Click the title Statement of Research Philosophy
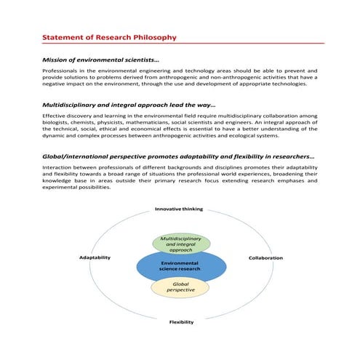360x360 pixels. point(108,36)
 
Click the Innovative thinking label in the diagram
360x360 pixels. point(179,209)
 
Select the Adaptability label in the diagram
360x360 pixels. point(95,257)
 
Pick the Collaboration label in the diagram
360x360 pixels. point(265,257)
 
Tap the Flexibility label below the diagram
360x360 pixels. point(181,321)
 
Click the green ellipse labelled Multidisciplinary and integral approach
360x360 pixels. point(180,243)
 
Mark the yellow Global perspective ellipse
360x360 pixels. point(180,287)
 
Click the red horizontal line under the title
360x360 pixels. point(182,44)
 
